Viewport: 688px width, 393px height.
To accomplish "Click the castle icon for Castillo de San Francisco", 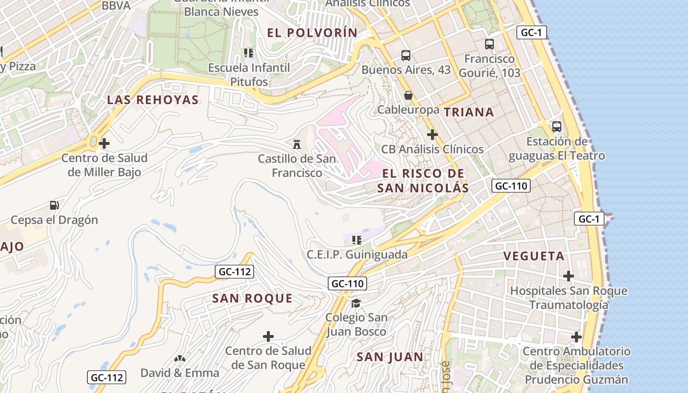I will pos(296,144).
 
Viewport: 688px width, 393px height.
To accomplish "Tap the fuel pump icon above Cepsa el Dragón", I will pos(55,205).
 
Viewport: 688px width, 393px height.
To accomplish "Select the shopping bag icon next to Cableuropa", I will pos(408,95).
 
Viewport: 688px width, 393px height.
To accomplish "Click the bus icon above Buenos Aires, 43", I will pos(405,56).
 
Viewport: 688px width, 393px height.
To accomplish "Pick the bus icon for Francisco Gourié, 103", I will pos(489,44).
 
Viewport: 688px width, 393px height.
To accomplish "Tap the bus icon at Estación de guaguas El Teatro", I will pos(556,127).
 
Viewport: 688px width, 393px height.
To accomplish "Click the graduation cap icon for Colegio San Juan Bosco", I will pos(356,303).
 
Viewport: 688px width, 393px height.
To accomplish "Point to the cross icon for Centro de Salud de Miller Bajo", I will pos(104,144).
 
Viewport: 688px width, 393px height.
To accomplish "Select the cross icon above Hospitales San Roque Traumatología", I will pos(569,276).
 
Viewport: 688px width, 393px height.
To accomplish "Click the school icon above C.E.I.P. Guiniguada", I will pos(357,240).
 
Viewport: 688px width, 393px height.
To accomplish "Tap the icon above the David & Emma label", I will pos(180,359).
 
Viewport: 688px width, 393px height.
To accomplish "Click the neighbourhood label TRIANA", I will pos(469,112).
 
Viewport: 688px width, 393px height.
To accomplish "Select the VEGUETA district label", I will pos(534,256).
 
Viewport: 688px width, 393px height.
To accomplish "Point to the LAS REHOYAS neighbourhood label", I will pos(153,100).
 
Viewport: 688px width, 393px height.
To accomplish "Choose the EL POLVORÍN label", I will pos(312,33).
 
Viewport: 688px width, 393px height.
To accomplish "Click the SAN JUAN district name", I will pos(390,357).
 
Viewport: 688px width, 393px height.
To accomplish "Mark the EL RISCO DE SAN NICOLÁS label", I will pos(423,180).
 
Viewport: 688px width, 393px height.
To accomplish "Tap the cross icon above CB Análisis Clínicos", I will pos(432,135).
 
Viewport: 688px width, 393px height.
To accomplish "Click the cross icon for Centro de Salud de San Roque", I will pos(268,337).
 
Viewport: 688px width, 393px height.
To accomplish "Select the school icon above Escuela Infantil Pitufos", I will pos(249,53).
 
